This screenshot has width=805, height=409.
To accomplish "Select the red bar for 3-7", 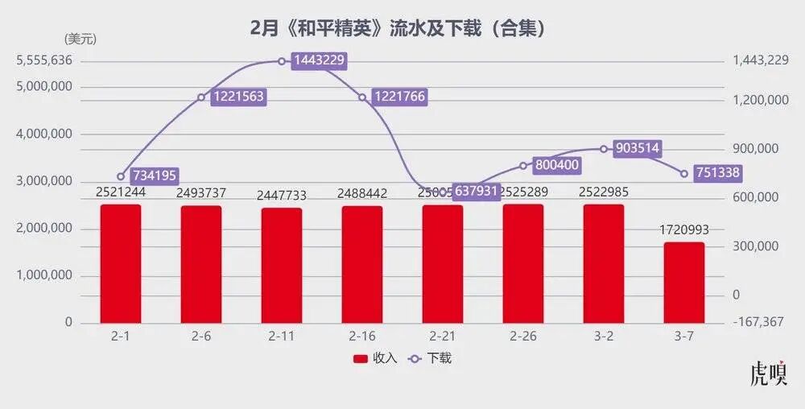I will (684, 283).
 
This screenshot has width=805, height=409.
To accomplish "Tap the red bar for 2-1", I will (121, 264).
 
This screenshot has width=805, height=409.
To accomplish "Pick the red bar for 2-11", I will (282, 266).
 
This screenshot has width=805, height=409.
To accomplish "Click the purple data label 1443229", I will (319, 61).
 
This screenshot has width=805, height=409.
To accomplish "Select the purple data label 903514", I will (637, 148).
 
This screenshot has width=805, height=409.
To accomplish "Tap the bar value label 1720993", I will (684, 231).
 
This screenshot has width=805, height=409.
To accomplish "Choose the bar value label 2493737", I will (201, 193).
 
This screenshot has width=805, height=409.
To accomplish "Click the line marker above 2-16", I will (362, 97).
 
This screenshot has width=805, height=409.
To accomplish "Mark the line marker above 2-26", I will (523, 166).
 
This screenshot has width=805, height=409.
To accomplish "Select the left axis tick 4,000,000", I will (45, 134).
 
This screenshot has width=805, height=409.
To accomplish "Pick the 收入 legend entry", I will (375, 358).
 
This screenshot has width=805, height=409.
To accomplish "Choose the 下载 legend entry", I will (431, 358).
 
